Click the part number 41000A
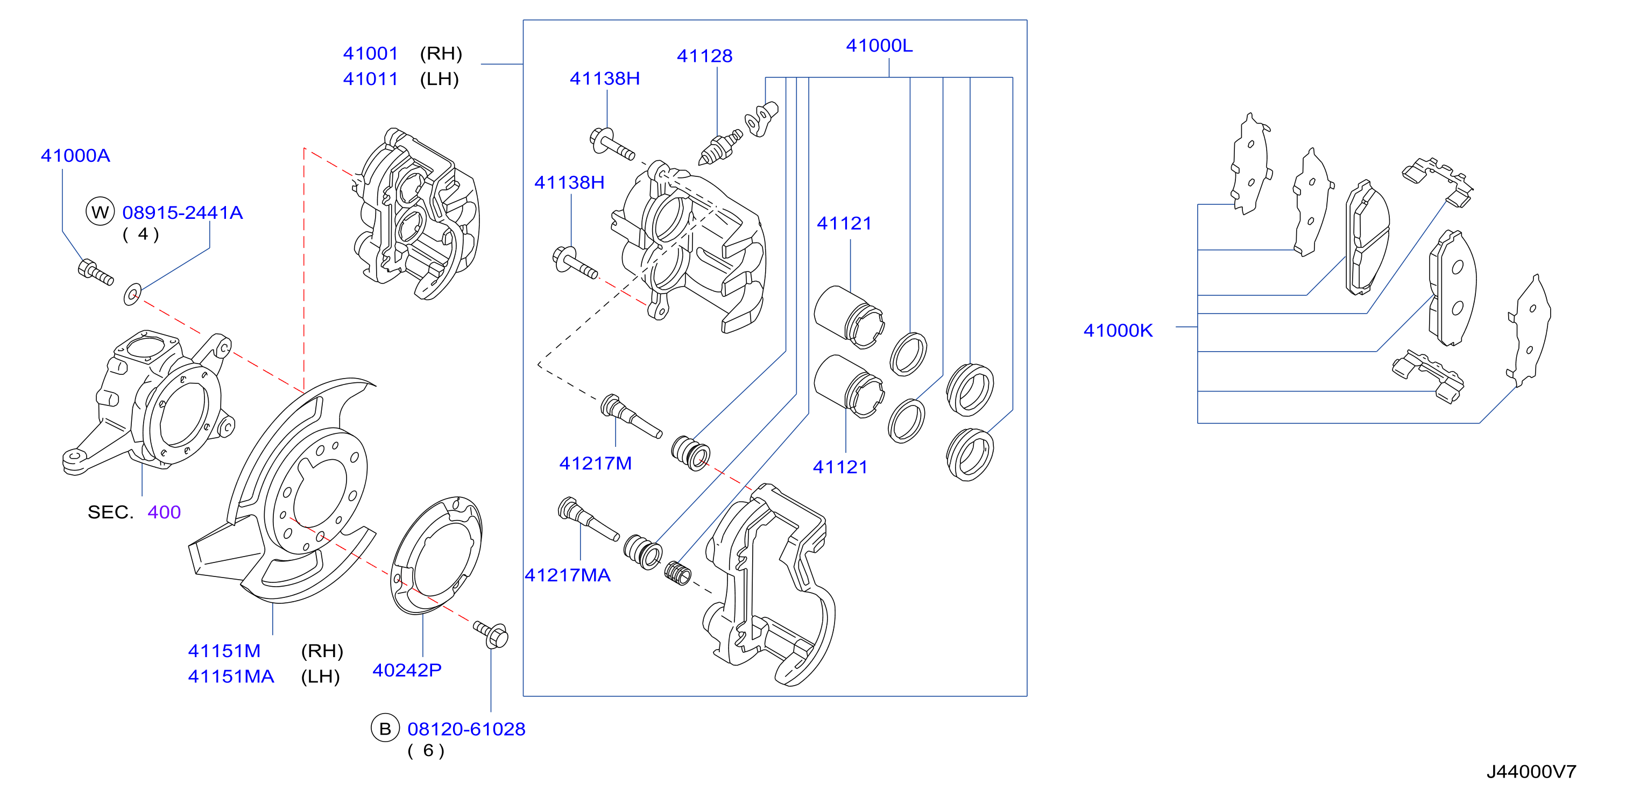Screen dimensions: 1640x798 pyautogui.click(x=75, y=156)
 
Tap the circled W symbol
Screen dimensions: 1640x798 pyautogui.click(x=100, y=212)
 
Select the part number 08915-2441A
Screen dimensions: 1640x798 pyautogui.click(x=183, y=212)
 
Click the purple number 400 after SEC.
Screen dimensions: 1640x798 pyautogui.click(x=164, y=512)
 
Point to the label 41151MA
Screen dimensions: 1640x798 pyautogui.click(x=231, y=676)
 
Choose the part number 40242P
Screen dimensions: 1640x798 pyautogui.click(x=407, y=670)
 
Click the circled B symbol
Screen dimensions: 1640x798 pyautogui.click(x=385, y=729)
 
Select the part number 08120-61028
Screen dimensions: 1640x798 pyautogui.click(x=466, y=729)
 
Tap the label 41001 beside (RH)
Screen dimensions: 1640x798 pyautogui.click(x=371, y=53)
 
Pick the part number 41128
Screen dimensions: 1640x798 pyautogui.click(x=705, y=56)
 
